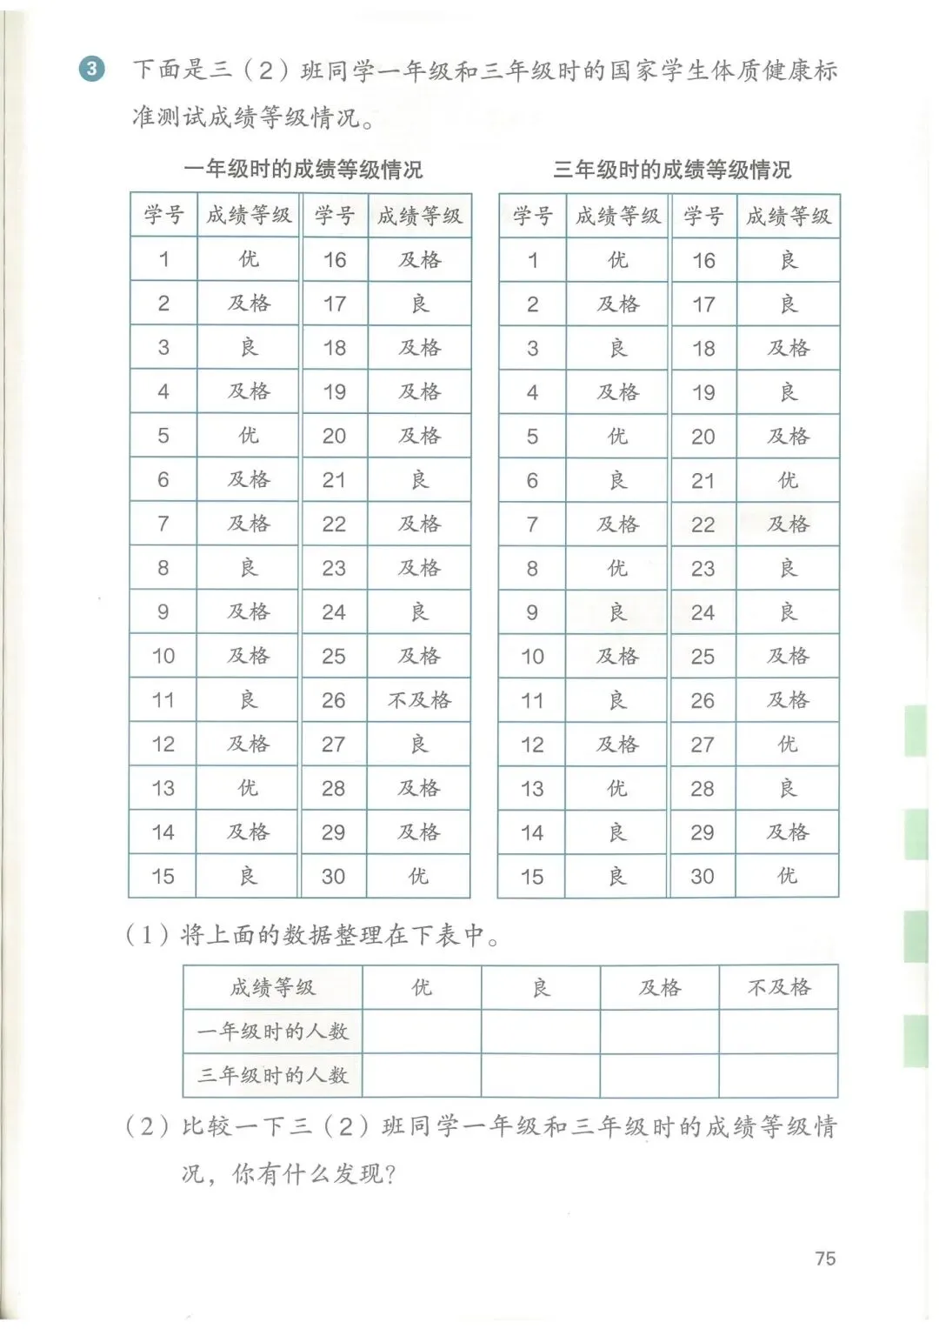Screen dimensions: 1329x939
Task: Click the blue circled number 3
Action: (91, 69)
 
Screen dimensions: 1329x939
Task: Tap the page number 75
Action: (825, 1259)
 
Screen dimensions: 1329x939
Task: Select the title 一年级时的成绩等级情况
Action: (303, 169)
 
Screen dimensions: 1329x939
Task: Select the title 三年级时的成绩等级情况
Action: (672, 169)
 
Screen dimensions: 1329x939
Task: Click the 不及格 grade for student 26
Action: (419, 700)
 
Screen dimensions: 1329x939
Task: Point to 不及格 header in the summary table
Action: (779, 987)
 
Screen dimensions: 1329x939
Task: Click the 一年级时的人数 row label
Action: (272, 1032)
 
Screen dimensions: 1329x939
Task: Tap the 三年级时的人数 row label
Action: (272, 1076)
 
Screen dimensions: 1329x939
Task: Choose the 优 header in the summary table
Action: (422, 987)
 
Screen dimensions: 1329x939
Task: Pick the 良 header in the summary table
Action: (541, 987)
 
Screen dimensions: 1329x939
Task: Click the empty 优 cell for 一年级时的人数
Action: (422, 1032)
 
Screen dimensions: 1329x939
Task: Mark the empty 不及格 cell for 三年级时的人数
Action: (779, 1076)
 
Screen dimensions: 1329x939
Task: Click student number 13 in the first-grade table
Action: (163, 789)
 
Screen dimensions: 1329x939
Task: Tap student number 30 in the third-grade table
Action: (703, 877)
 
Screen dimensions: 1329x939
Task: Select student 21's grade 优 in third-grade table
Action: (788, 480)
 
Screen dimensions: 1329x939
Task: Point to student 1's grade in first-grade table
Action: (249, 259)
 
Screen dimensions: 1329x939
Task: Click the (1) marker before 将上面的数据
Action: (147, 935)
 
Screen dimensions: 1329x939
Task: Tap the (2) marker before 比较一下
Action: (147, 1127)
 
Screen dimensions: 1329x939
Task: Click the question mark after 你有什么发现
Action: (390, 1175)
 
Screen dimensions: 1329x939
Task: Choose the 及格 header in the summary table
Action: (660, 987)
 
